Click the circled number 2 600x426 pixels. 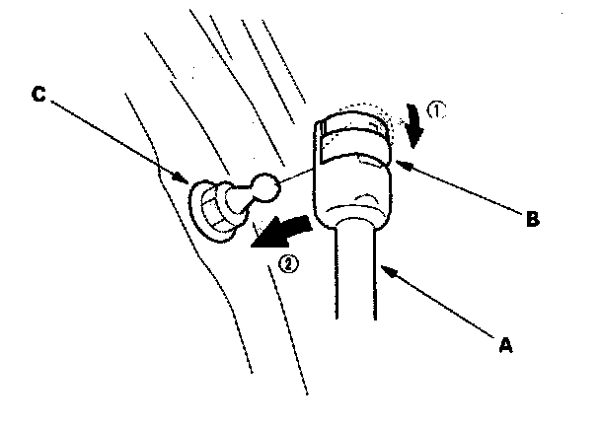coord(287,264)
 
